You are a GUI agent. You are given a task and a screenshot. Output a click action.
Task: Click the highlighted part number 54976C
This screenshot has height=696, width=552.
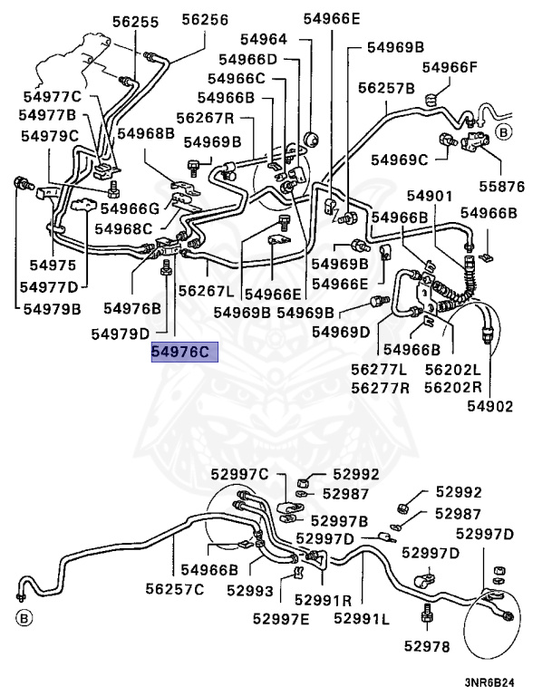tap(185, 352)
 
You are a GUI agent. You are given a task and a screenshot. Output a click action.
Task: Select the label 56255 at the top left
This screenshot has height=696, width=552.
tap(135, 19)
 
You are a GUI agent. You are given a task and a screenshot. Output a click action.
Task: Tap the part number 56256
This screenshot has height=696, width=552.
tap(204, 19)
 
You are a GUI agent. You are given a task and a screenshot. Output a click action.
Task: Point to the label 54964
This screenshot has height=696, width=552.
tap(264, 39)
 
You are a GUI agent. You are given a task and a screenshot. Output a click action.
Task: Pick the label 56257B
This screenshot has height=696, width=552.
tap(386, 88)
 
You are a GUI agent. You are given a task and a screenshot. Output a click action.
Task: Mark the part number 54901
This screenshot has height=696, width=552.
tap(430, 196)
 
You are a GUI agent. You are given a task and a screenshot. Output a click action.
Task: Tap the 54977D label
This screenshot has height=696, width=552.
tap(53, 287)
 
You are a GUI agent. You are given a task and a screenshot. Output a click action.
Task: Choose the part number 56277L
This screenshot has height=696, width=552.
tap(378, 370)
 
